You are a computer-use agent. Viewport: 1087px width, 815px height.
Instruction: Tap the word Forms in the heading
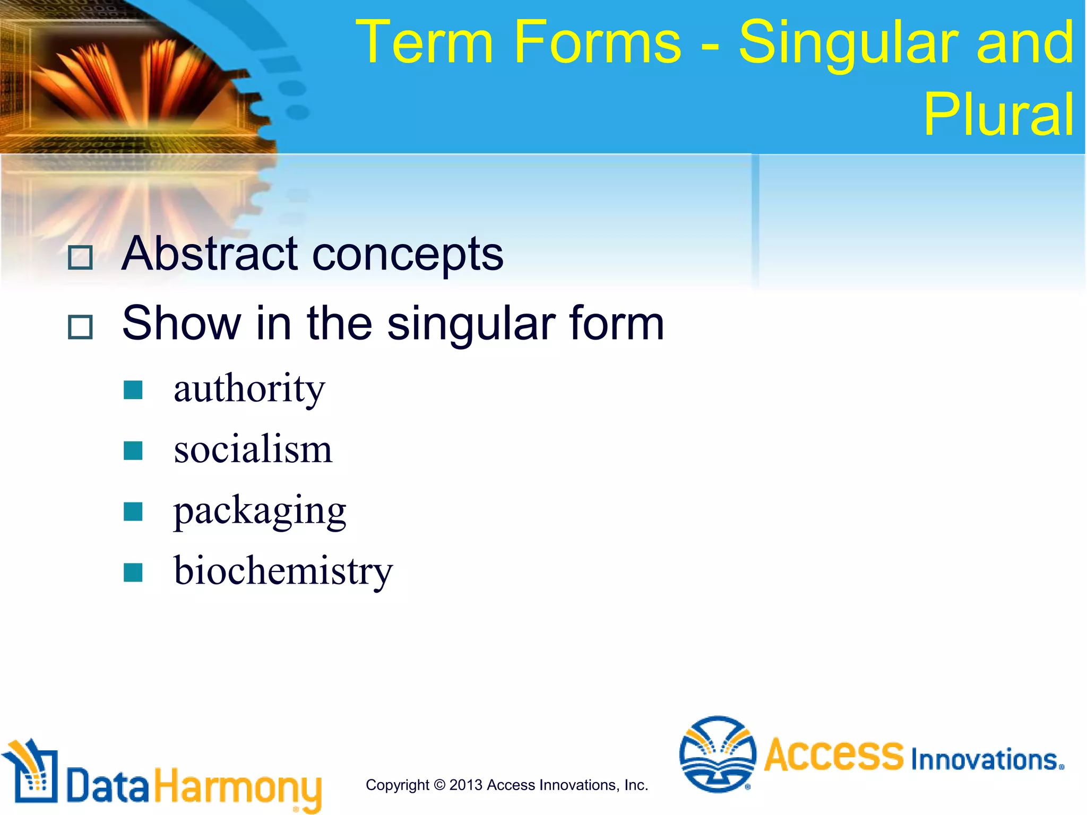(597, 42)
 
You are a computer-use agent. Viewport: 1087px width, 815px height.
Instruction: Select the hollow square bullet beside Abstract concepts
(81, 258)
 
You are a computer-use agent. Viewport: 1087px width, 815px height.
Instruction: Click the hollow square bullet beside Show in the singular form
(81, 327)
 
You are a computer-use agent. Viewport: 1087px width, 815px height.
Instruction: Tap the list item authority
(249, 389)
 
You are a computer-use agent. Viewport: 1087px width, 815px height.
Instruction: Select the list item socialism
(253, 449)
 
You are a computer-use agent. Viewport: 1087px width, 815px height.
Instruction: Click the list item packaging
(260, 511)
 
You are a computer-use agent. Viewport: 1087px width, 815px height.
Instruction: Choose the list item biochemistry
(283, 571)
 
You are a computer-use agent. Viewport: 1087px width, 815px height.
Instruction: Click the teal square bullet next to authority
(133, 390)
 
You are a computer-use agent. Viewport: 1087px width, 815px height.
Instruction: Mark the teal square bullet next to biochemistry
(133, 573)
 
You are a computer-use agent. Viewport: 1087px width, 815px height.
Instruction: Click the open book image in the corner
(133, 80)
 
